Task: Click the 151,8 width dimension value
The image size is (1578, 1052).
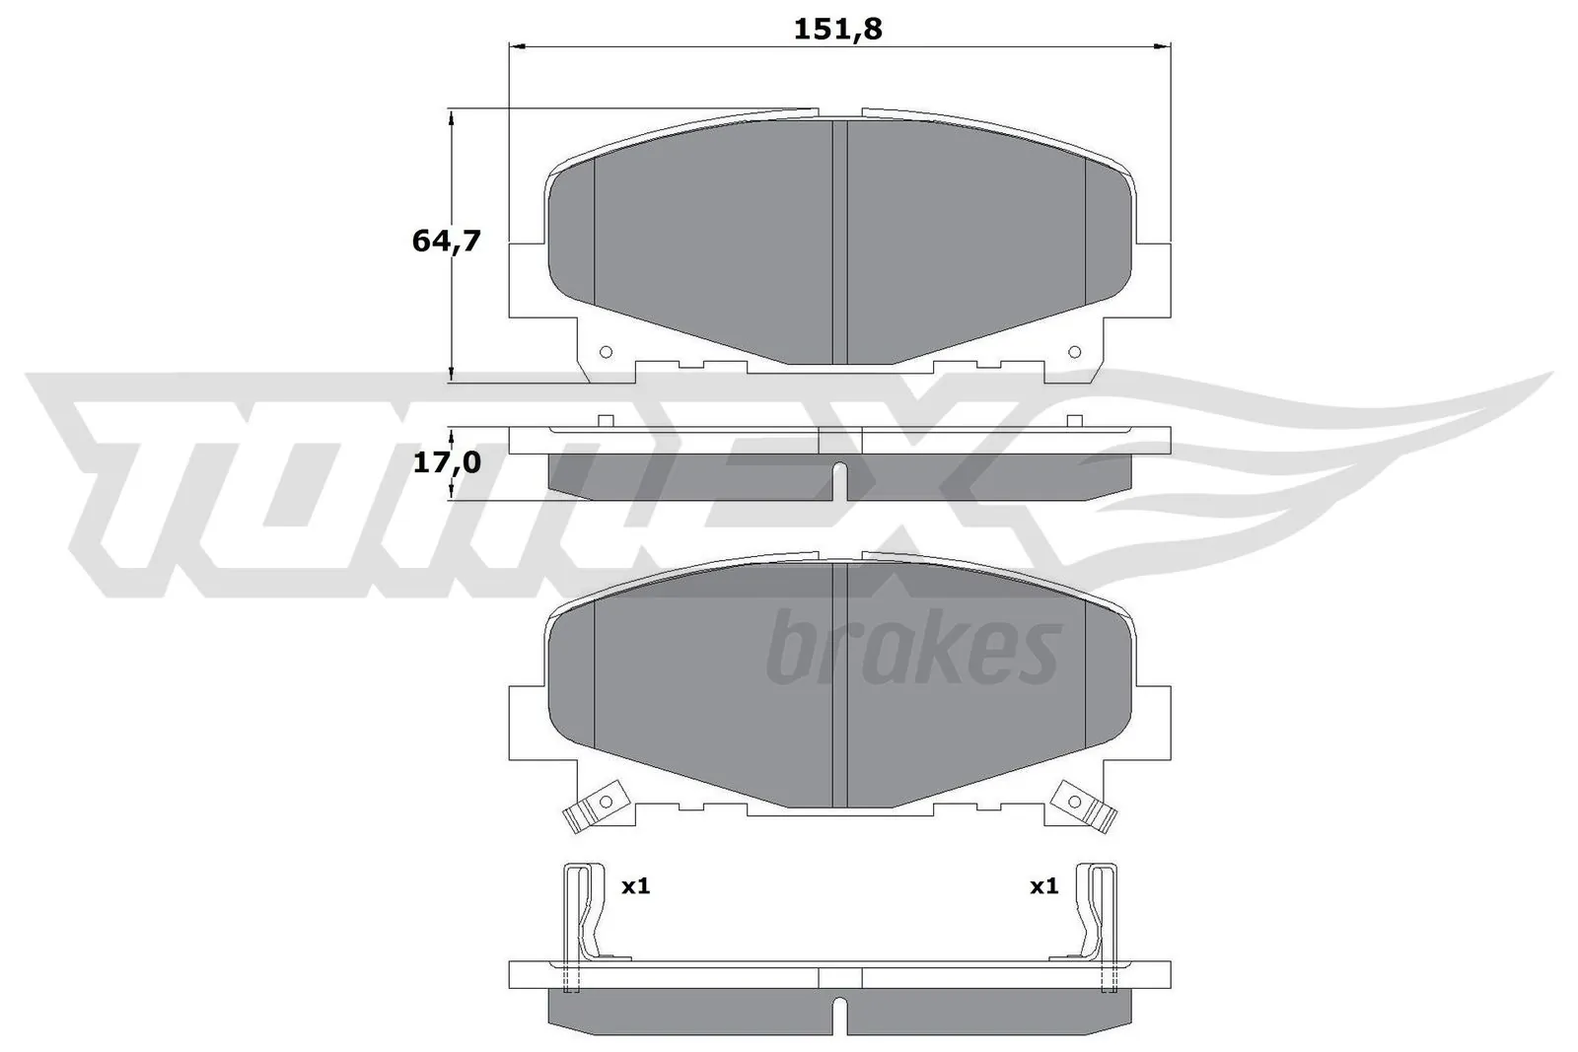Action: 837,30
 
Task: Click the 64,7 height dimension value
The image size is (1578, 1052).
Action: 446,240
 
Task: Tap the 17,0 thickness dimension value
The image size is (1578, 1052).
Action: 446,461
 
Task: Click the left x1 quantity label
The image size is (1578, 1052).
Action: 635,886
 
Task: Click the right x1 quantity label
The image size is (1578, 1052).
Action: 1043,886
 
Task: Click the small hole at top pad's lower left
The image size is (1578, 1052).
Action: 606,352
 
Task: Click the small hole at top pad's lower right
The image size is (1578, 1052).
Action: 1075,352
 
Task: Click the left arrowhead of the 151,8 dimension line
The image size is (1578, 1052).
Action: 515,45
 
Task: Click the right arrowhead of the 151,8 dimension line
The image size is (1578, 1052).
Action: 1164,45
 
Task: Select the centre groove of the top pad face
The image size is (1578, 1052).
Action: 840,242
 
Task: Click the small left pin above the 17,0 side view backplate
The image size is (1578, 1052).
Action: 607,421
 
